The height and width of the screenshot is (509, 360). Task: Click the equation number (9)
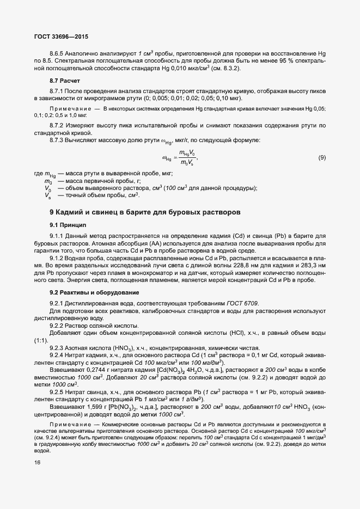point(322,158)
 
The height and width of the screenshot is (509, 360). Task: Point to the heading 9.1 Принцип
point(69,224)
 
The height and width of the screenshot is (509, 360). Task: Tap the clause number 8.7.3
point(58,140)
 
